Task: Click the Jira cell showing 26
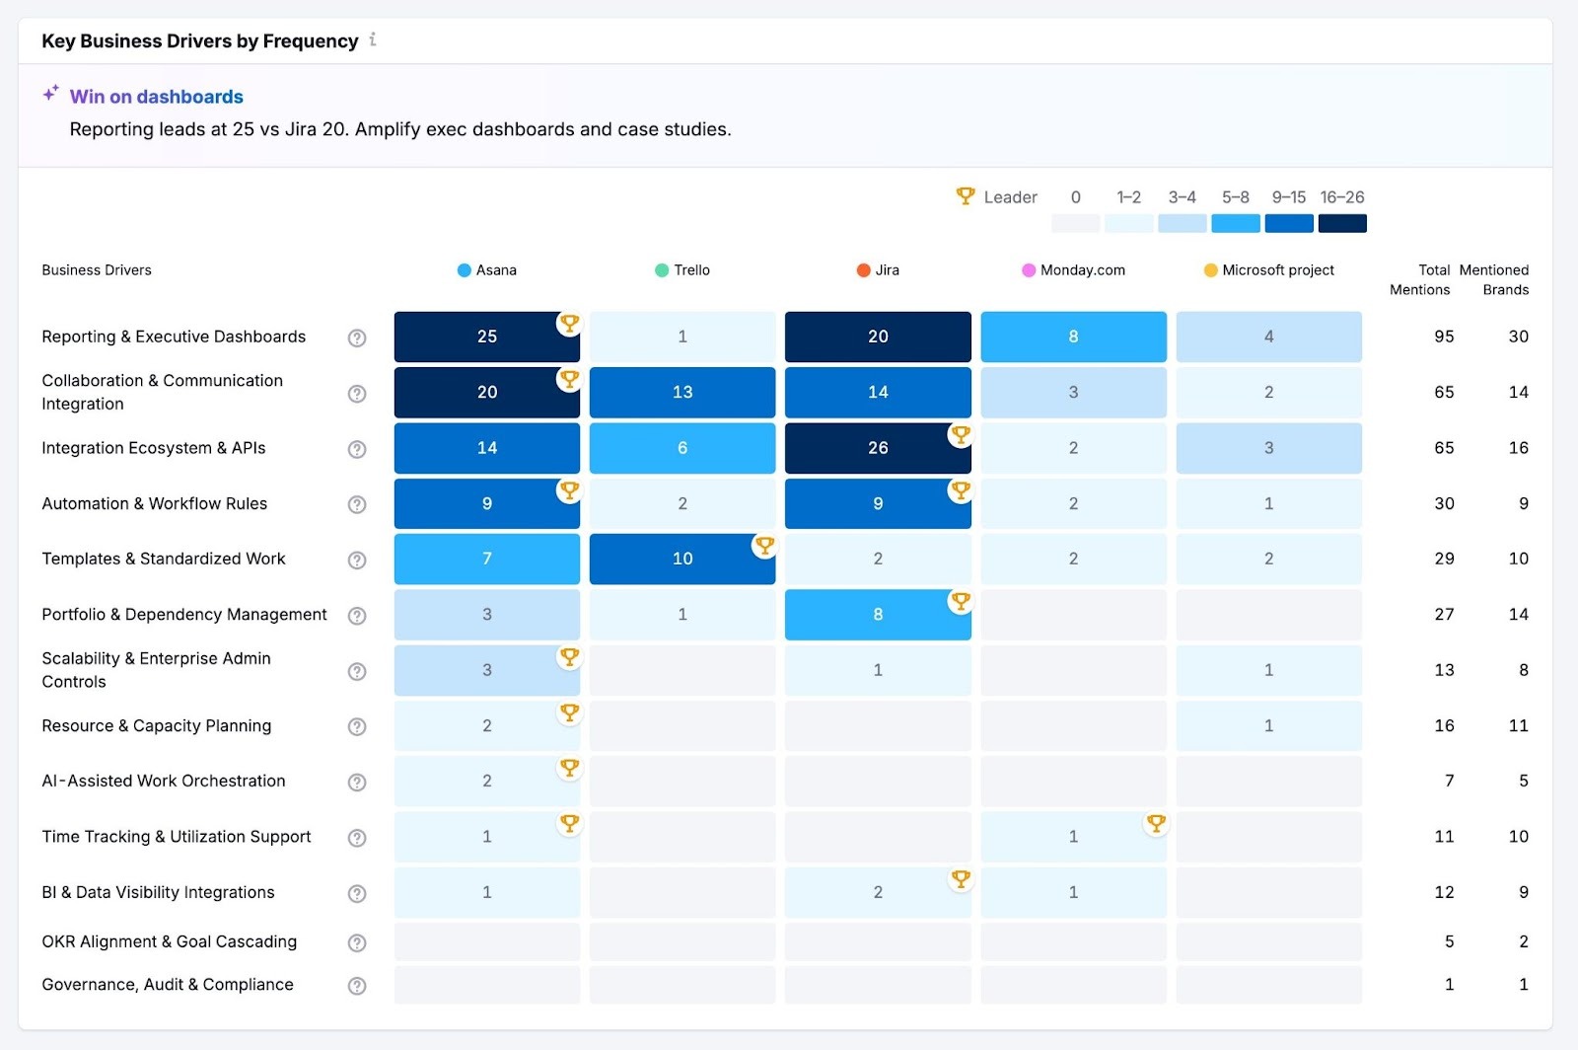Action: pyautogui.click(x=878, y=448)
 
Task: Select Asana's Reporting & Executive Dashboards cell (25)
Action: pyautogui.click(x=486, y=337)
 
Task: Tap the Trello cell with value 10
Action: pyautogui.click(x=682, y=559)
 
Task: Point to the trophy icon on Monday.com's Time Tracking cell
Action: pyautogui.click(x=1156, y=823)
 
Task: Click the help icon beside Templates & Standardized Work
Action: pyautogui.click(x=357, y=561)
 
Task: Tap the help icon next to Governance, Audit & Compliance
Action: pyautogui.click(x=357, y=986)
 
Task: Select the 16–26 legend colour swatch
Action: pyautogui.click(x=1341, y=224)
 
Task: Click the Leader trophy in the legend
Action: pyautogui.click(x=966, y=196)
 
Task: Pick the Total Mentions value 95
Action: pyautogui.click(x=1444, y=337)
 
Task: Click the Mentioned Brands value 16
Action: pyautogui.click(x=1518, y=448)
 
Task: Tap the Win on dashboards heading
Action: pyautogui.click(x=156, y=97)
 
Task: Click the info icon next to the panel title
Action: pyautogui.click(x=373, y=40)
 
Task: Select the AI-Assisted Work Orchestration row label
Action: pyautogui.click(x=164, y=781)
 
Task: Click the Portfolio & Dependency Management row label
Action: pyautogui.click(x=184, y=615)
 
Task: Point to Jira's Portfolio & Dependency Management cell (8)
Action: pyautogui.click(x=878, y=615)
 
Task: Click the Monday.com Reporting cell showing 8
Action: pyautogui.click(x=1073, y=337)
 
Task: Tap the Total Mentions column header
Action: pyautogui.click(x=1420, y=280)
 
